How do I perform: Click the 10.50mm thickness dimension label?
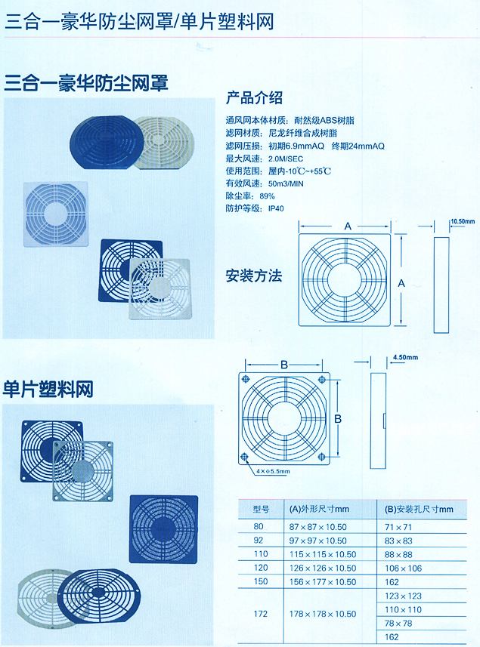(x=463, y=221)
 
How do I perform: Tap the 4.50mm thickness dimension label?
(x=405, y=357)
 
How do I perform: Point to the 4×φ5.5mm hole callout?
(x=273, y=471)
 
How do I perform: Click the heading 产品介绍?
(x=254, y=98)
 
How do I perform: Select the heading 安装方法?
(x=254, y=276)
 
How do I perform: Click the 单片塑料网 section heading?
(x=48, y=389)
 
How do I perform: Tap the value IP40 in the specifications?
(x=276, y=208)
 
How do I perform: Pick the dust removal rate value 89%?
(x=268, y=196)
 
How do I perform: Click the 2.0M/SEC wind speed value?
(x=286, y=159)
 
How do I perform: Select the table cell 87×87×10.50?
(x=317, y=527)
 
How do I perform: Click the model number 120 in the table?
(x=261, y=568)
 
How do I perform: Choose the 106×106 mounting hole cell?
(x=403, y=568)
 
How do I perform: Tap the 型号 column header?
(x=261, y=510)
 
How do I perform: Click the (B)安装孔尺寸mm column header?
(x=419, y=510)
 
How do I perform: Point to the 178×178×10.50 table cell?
(x=323, y=614)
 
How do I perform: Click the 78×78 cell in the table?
(x=398, y=624)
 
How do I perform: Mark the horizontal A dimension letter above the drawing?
(x=348, y=226)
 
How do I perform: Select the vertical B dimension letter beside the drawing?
(x=338, y=419)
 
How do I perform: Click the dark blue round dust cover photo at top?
(x=104, y=143)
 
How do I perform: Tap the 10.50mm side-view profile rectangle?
(x=441, y=285)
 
